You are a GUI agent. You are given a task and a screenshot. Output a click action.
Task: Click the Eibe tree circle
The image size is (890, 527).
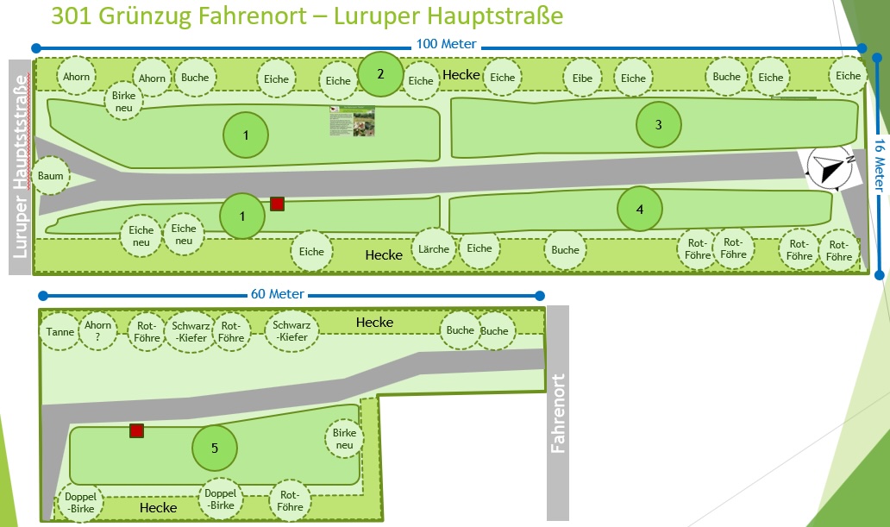click(x=582, y=78)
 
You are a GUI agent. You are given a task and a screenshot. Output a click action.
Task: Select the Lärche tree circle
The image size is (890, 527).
click(x=434, y=249)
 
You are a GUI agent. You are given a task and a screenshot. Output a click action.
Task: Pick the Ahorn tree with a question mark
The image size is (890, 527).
click(x=98, y=331)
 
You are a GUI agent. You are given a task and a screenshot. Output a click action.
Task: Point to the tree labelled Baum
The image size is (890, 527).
click(x=50, y=177)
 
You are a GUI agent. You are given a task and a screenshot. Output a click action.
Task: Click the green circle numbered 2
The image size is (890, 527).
click(x=380, y=74)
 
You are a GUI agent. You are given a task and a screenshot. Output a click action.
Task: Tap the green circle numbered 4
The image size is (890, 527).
click(x=640, y=210)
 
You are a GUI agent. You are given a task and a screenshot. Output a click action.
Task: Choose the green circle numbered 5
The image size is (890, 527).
click(x=214, y=448)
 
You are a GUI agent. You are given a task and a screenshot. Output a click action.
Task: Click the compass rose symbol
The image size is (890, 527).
click(x=830, y=166)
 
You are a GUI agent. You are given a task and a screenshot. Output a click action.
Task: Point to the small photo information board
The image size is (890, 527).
click(x=354, y=122)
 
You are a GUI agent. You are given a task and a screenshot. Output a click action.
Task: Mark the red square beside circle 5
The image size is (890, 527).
click(x=136, y=430)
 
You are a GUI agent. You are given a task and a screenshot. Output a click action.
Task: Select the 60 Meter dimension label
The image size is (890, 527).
click(x=278, y=294)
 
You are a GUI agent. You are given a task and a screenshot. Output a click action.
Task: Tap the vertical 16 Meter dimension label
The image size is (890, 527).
click(x=880, y=166)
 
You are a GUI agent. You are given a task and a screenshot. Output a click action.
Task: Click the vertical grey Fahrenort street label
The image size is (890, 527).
click(x=558, y=413)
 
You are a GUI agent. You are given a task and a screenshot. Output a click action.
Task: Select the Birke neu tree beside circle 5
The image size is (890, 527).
click(x=344, y=439)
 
